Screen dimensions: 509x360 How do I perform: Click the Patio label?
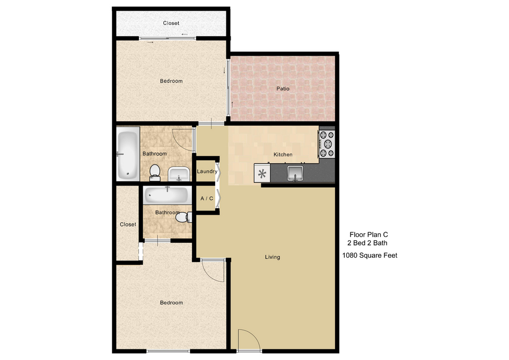pos(283,89)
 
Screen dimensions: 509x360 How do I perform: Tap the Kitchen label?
pos(283,154)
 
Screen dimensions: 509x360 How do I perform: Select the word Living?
pos(273,257)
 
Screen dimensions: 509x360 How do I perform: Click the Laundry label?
pos(207,171)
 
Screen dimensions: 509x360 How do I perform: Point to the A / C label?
pos(207,198)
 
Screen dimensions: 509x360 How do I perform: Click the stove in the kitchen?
pos(327,144)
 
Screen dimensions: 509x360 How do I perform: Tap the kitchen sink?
pos(295,173)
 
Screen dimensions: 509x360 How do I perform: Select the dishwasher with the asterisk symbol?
pos(262,173)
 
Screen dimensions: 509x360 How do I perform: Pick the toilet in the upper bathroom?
pos(154,173)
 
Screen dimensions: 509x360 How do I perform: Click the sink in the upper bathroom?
pos(179,174)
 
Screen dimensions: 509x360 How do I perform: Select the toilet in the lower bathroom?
pos(183,217)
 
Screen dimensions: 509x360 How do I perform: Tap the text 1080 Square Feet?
pos(370,256)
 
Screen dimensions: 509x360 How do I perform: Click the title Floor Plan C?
pos(369,234)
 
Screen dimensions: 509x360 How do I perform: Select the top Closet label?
pos(171,23)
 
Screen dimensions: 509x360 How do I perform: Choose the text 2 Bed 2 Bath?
pos(367,243)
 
